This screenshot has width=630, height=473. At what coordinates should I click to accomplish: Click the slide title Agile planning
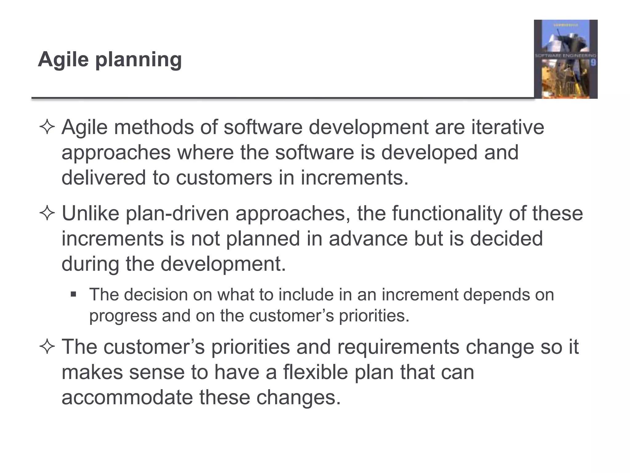(x=110, y=59)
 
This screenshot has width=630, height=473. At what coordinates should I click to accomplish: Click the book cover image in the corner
(x=565, y=59)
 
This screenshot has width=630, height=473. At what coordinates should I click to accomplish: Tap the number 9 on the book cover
(x=593, y=63)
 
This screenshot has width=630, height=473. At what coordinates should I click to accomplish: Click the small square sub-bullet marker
(x=73, y=294)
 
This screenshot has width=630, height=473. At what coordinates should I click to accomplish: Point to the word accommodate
(x=127, y=397)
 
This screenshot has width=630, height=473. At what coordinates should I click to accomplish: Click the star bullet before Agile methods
(x=47, y=127)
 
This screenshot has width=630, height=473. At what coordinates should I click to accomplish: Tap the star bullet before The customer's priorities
(x=47, y=347)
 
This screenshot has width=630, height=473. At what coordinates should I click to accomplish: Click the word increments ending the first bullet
(x=354, y=178)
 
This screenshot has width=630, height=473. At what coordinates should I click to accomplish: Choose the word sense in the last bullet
(x=157, y=372)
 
